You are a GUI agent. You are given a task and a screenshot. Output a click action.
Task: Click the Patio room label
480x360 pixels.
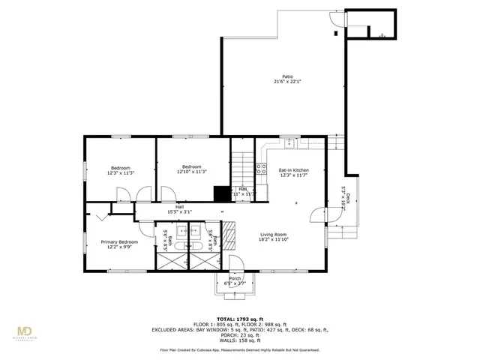coord(287,76)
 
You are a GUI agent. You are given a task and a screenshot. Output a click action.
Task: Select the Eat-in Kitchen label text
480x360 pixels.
coord(293,170)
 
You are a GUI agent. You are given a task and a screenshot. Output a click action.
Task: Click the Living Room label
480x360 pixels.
coord(274,235)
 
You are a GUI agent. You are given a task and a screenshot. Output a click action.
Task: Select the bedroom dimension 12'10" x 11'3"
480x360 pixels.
coord(191,172)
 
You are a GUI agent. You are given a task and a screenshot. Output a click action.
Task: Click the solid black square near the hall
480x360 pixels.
coord(221,193)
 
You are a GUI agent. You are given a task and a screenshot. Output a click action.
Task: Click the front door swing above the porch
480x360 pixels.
coord(235,262)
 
